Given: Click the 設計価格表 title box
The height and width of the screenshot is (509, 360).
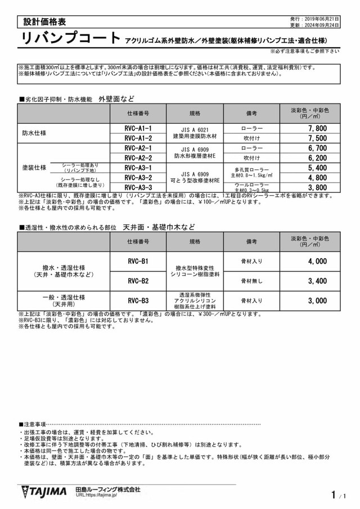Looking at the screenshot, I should point(45,22).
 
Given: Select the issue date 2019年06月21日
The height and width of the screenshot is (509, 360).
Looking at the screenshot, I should point(324,19).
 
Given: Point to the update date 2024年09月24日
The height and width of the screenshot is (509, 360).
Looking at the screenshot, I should point(324,25).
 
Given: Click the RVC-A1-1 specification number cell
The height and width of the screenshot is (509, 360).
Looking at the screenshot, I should point(138,128).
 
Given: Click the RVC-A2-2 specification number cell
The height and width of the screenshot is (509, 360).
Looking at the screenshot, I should point(138,158).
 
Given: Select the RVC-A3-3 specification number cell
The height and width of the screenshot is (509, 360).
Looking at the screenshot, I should point(138,187).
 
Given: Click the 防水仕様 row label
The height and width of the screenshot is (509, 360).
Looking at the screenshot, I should point(34,133).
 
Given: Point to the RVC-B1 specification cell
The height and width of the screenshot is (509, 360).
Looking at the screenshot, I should point(138,262).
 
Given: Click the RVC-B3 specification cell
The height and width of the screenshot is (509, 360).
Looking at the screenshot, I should point(138,300).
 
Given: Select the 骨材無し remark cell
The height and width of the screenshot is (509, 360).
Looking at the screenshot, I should point(251,281).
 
